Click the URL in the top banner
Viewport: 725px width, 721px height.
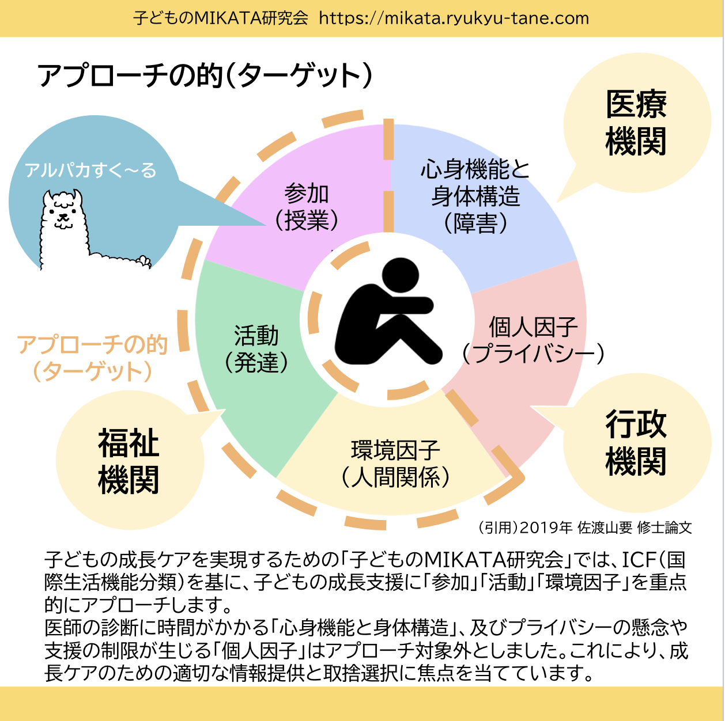coord(454,18)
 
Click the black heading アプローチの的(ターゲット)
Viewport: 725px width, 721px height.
coord(205,76)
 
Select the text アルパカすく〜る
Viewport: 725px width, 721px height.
coord(90,170)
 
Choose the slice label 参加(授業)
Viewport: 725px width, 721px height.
coord(307,207)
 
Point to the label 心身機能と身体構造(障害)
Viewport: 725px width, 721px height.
coord(475,196)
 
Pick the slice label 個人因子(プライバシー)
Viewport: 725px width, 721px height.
coord(533,340)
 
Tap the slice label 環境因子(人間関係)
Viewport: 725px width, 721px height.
coord(395,464)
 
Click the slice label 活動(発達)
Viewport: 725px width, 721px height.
coord(256,348)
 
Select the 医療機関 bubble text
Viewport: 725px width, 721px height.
coord(636,123)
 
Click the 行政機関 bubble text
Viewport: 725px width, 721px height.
coord(636,443)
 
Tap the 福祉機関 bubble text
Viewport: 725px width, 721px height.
coord(129,461)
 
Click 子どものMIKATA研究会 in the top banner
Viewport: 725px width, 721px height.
coord(221,18)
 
